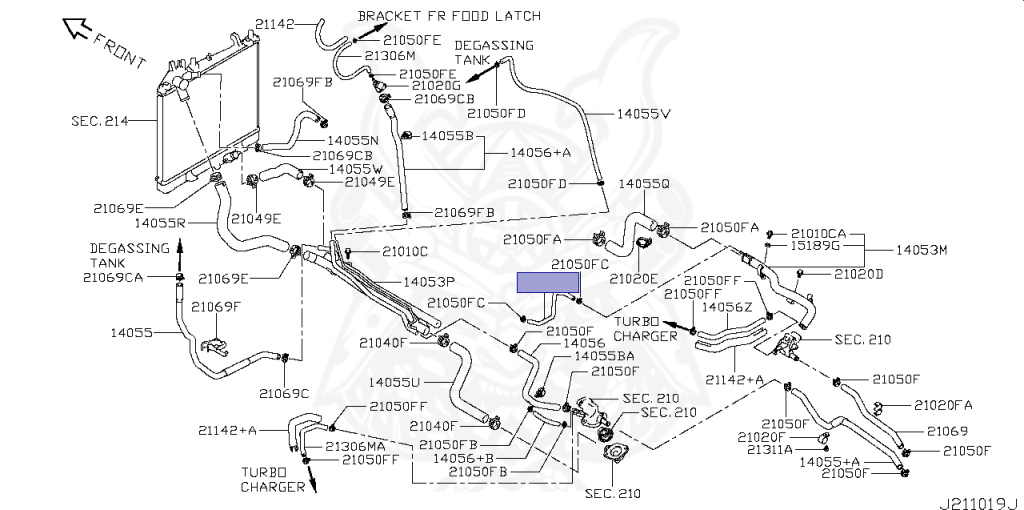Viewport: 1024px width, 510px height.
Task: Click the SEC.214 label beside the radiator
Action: [x=100, y=121]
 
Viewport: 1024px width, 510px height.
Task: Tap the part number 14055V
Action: [x=644, y=114]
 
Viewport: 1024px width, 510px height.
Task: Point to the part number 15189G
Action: [x=815, y=246]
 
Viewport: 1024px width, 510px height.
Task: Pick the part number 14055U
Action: [x=394, y=381]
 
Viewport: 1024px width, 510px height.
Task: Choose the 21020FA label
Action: [x=943, y=406]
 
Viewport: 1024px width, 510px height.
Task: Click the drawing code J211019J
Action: [x=980, y=503]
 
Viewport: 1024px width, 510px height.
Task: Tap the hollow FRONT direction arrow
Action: [x=75, y=28]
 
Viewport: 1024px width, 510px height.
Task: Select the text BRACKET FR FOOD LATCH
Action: [x=449, y=16]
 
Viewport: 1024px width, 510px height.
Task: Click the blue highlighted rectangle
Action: [x=548, y=282]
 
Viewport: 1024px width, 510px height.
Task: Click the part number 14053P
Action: [x=429, y=282]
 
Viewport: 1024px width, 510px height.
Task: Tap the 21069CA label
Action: [x=113, y=278]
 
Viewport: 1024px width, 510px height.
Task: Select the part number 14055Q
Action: [x=644, y=184]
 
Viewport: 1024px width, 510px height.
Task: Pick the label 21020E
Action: [x=634, y=279]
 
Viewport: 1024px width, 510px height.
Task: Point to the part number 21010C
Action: [x=405, y=251]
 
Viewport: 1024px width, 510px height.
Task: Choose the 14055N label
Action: [x=353, y=140]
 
